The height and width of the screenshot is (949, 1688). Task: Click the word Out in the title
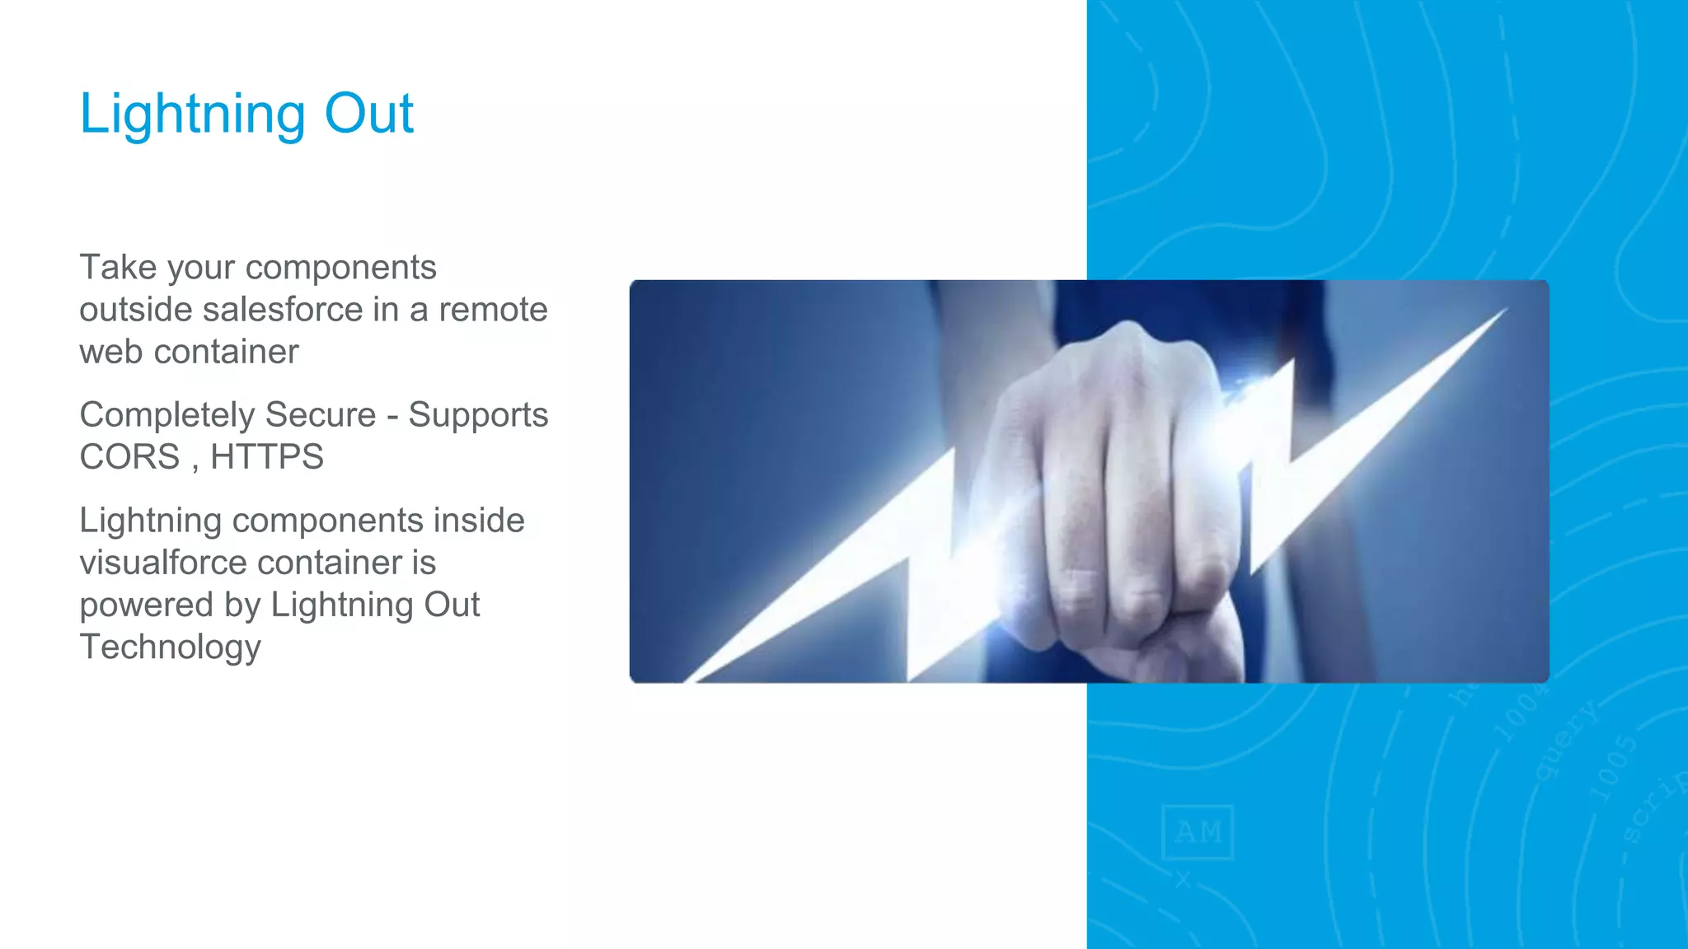(368, 114)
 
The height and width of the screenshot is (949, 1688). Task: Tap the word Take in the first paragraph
(118, 268)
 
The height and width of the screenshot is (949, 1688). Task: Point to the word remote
(493, 310)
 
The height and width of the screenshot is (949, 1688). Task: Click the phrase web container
(189, 352)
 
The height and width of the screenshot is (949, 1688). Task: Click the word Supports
(478, 415)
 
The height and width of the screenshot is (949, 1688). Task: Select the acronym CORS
(129, 457)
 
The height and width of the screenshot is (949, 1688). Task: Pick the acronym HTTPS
(267, 457)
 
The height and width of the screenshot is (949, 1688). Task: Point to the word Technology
(170, 647)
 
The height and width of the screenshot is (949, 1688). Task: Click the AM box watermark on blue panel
(1198, 832)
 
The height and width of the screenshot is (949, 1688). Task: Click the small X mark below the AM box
(1184, 880)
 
